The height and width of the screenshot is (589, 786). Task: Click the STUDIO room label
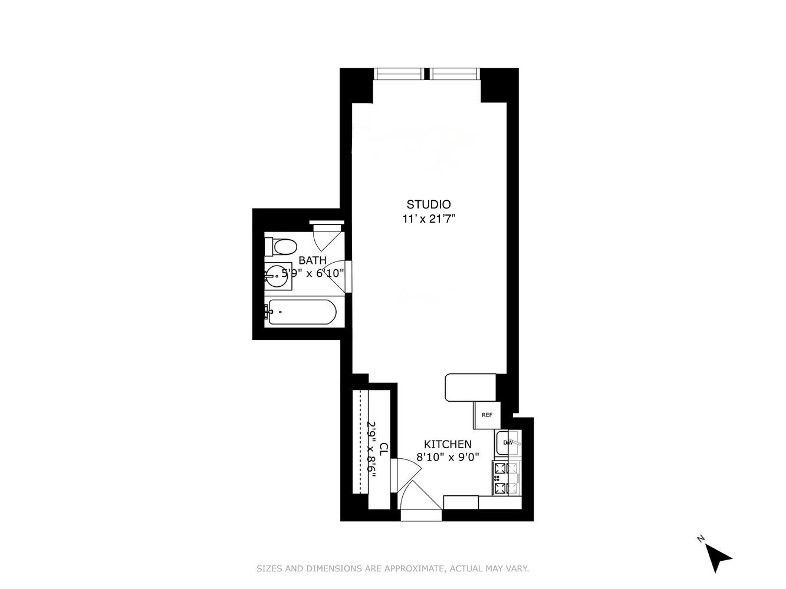coord(429,204)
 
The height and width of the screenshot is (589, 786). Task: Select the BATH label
coord(313,260)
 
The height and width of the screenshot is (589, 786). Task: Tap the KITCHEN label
coord(448,444)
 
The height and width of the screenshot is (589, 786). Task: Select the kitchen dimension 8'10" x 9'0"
coord(448,456)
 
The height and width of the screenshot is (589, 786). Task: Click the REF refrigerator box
coord(487,415)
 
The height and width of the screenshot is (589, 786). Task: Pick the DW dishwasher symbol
coord(508,443)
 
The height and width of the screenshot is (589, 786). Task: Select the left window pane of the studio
coord(399,74)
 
